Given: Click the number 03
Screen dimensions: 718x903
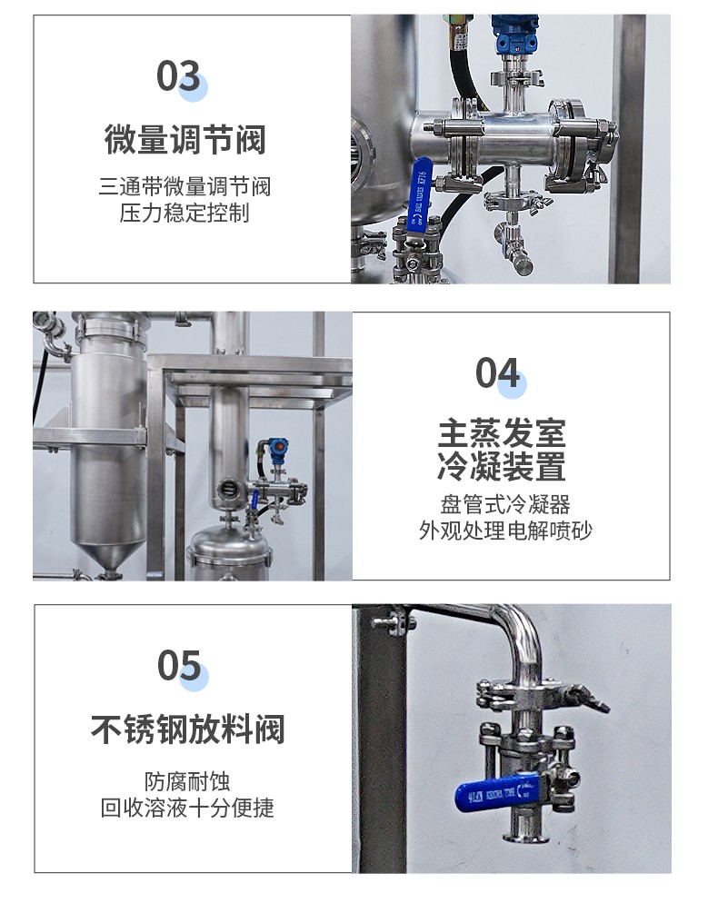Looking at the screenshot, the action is tap(178, 75).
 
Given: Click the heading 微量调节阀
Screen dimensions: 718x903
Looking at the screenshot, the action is tap(185, 139).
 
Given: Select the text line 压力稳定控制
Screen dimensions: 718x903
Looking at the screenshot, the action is tap(184, 213).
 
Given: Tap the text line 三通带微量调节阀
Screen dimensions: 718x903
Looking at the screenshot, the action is tap(184, 186).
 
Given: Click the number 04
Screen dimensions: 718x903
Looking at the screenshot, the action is tap(498, 372).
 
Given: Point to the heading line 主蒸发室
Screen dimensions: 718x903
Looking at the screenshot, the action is tap(502, 432).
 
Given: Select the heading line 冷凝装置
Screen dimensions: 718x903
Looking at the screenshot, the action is tap(502, 465).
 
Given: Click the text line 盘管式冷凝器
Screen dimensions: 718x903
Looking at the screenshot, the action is tap(505, 504).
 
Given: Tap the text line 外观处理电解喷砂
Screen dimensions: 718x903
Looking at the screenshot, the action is tap(505, 531).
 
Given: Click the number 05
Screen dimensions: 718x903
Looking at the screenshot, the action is tap(179, 665).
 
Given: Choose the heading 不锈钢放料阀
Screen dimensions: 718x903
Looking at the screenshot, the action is tap(188, 729).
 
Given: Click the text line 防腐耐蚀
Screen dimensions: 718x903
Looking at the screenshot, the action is tap(187, 782).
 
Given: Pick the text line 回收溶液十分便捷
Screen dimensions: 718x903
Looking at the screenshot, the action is tap(187, 808).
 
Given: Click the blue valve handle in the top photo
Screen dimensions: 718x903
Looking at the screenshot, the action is tap(419, 193).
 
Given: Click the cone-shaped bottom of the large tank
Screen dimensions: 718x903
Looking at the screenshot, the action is tap(109, 557).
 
